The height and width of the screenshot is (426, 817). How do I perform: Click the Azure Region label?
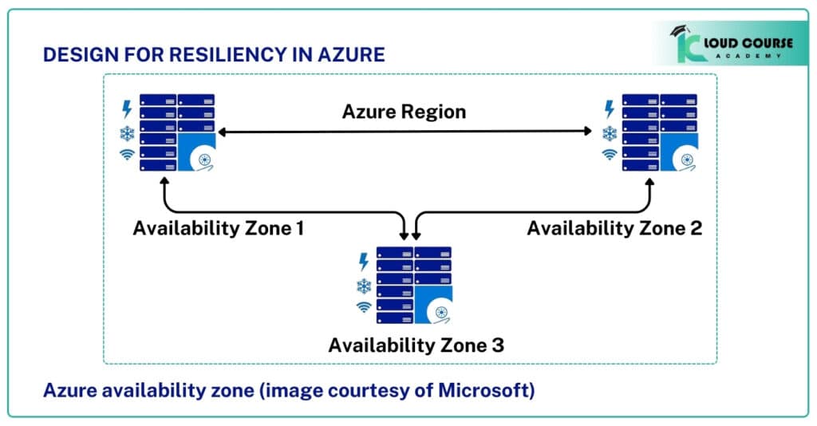point(404,112)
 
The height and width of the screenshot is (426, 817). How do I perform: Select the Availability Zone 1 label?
point(219,228)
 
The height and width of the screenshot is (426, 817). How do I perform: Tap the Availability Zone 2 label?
point(614,228)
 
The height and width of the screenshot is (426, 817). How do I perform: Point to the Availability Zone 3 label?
point(416,345)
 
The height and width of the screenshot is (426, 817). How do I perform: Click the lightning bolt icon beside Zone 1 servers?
point(126,109)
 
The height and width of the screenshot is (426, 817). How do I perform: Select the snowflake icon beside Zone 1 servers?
point(127,133)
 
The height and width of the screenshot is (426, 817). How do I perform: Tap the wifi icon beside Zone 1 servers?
point(127,155)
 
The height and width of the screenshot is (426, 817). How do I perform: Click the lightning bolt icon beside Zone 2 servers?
point(610,109)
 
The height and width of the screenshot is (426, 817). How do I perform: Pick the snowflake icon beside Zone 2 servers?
point(610,133)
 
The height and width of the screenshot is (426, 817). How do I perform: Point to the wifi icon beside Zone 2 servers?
point(610,155)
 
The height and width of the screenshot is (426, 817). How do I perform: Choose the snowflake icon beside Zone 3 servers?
point(364,286)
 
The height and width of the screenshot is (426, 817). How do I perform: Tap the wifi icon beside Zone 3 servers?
point(364,307)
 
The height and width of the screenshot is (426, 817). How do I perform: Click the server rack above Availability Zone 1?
point(177,132)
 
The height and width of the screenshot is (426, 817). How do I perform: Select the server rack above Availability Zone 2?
point(660,132)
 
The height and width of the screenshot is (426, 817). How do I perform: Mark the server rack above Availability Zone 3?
point(414,285)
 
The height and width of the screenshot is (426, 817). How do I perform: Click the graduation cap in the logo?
point(679,31)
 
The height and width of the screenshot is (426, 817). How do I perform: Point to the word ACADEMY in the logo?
point(748,57)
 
